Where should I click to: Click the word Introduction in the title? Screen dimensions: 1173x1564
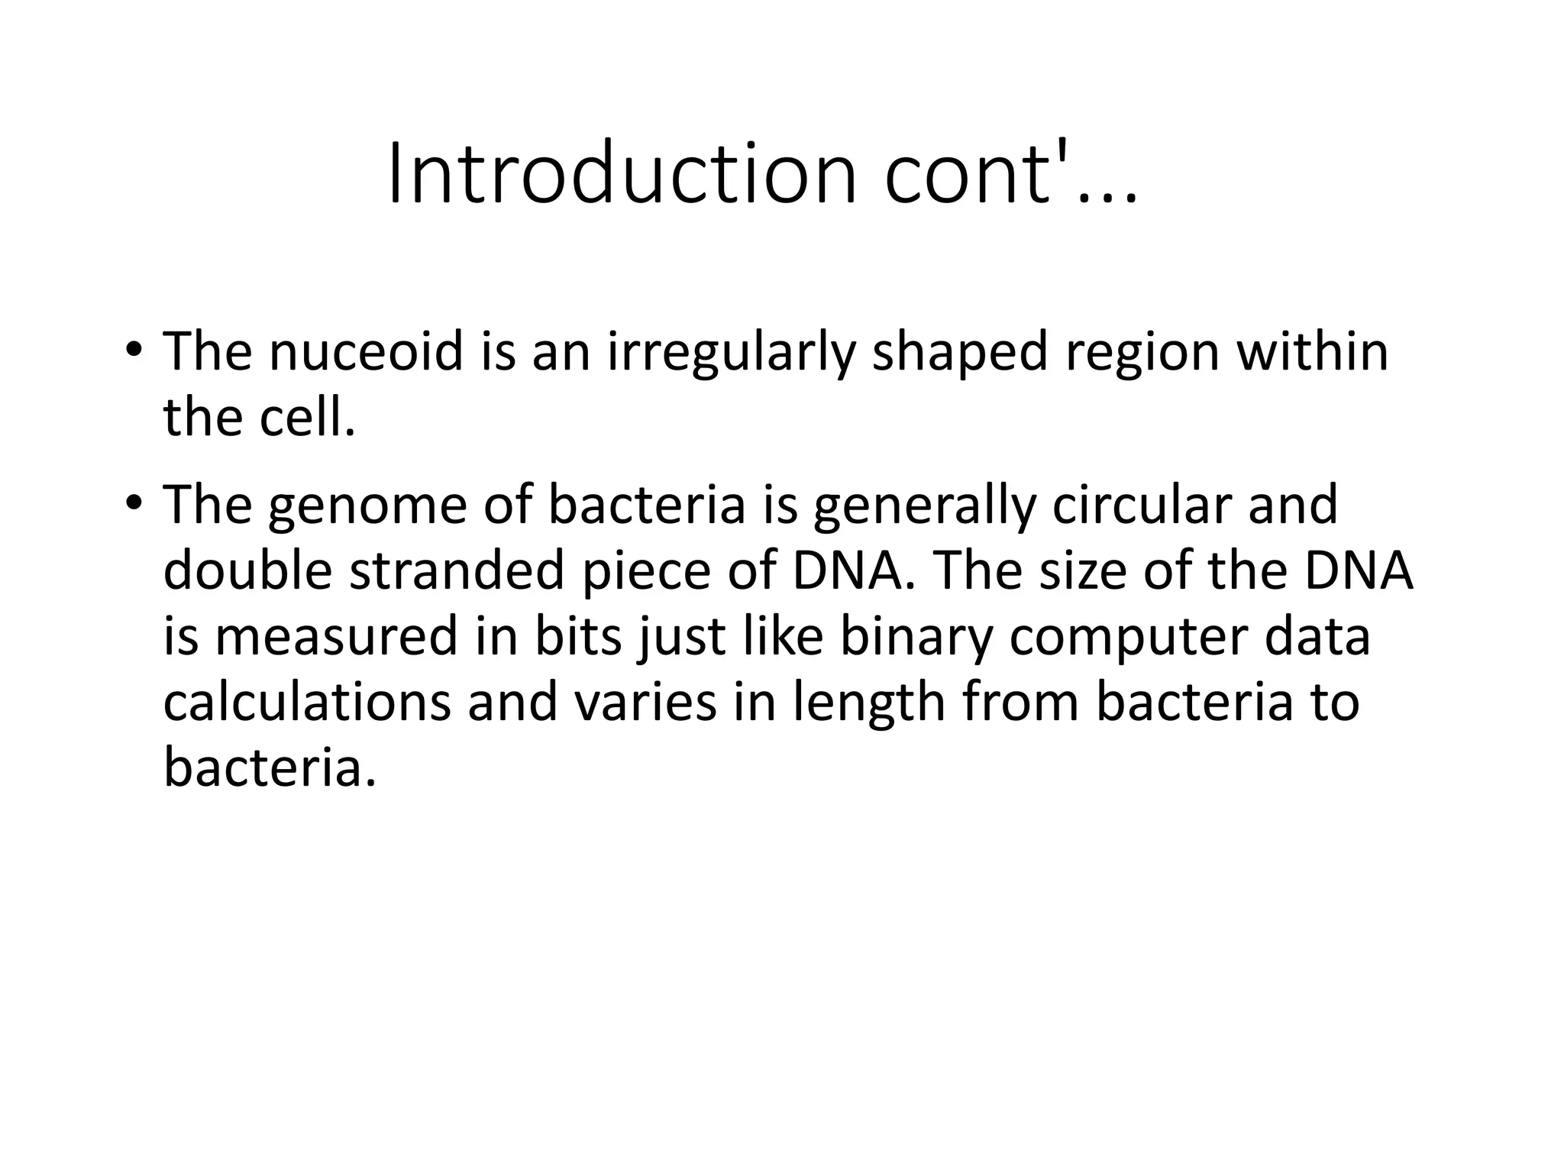point(622,176)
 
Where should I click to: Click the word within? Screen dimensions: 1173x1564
point(1312,352)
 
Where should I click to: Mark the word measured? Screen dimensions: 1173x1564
point(336,637)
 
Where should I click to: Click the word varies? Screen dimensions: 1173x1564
point(645,703)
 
